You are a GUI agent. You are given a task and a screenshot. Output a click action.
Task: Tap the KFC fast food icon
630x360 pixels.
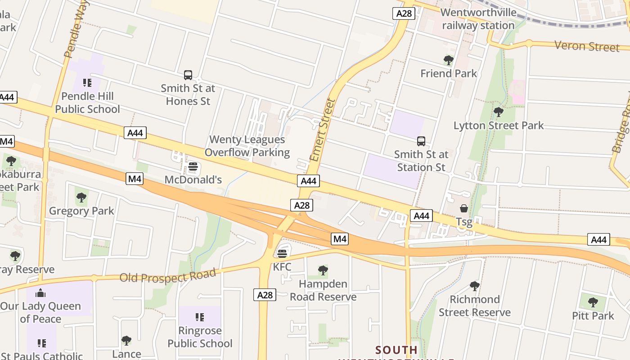[x=282, y=254]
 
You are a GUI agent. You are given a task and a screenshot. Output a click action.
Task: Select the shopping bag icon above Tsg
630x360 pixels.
[x=463, y=208]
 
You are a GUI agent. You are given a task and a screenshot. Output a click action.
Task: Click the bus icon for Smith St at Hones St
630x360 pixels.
[x=188, y=75]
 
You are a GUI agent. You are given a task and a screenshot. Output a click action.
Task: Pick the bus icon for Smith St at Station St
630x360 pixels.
[x=421, y=141]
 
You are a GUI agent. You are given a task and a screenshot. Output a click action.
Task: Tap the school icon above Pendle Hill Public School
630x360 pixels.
[x=87, y=83]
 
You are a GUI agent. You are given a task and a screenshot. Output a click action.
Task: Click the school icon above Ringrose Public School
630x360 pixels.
[x=200, y=317]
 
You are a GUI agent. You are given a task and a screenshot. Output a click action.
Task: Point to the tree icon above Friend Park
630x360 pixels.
[x=448, y=60]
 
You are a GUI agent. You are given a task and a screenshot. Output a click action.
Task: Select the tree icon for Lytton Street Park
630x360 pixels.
[x=498, y=112]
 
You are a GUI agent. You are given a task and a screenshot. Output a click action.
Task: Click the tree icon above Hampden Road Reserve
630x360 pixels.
[x=323, y=270]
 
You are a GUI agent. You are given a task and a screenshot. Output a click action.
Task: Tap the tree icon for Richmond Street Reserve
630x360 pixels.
[x=474, y=286]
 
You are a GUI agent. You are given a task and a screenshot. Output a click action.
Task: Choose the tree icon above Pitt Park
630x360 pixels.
[x=593, y=302]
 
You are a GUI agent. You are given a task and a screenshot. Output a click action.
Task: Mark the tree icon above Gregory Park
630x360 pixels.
[x=81, y=197]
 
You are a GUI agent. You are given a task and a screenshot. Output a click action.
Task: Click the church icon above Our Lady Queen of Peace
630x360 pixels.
[x=40, y=293]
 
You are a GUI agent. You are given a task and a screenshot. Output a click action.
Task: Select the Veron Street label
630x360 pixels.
[x=587, y=46]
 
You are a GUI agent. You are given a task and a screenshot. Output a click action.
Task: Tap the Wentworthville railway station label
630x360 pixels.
[x=478, y=19]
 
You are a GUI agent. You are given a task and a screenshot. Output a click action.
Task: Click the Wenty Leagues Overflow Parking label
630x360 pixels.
[x=247, y=146]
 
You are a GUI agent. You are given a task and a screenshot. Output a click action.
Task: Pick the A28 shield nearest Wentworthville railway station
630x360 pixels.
[x=404, y=13]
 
